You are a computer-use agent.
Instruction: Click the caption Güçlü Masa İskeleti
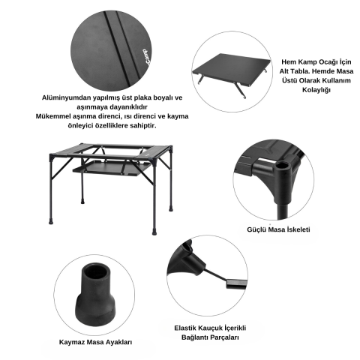278,229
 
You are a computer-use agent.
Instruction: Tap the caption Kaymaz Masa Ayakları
95,342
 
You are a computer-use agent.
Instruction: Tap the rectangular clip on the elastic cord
236,284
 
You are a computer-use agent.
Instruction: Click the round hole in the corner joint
282,166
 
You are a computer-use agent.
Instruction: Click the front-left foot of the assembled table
51,221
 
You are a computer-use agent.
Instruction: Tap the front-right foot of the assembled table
154,232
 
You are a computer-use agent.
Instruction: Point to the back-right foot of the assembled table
171,208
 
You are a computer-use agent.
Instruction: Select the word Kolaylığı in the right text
316,90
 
